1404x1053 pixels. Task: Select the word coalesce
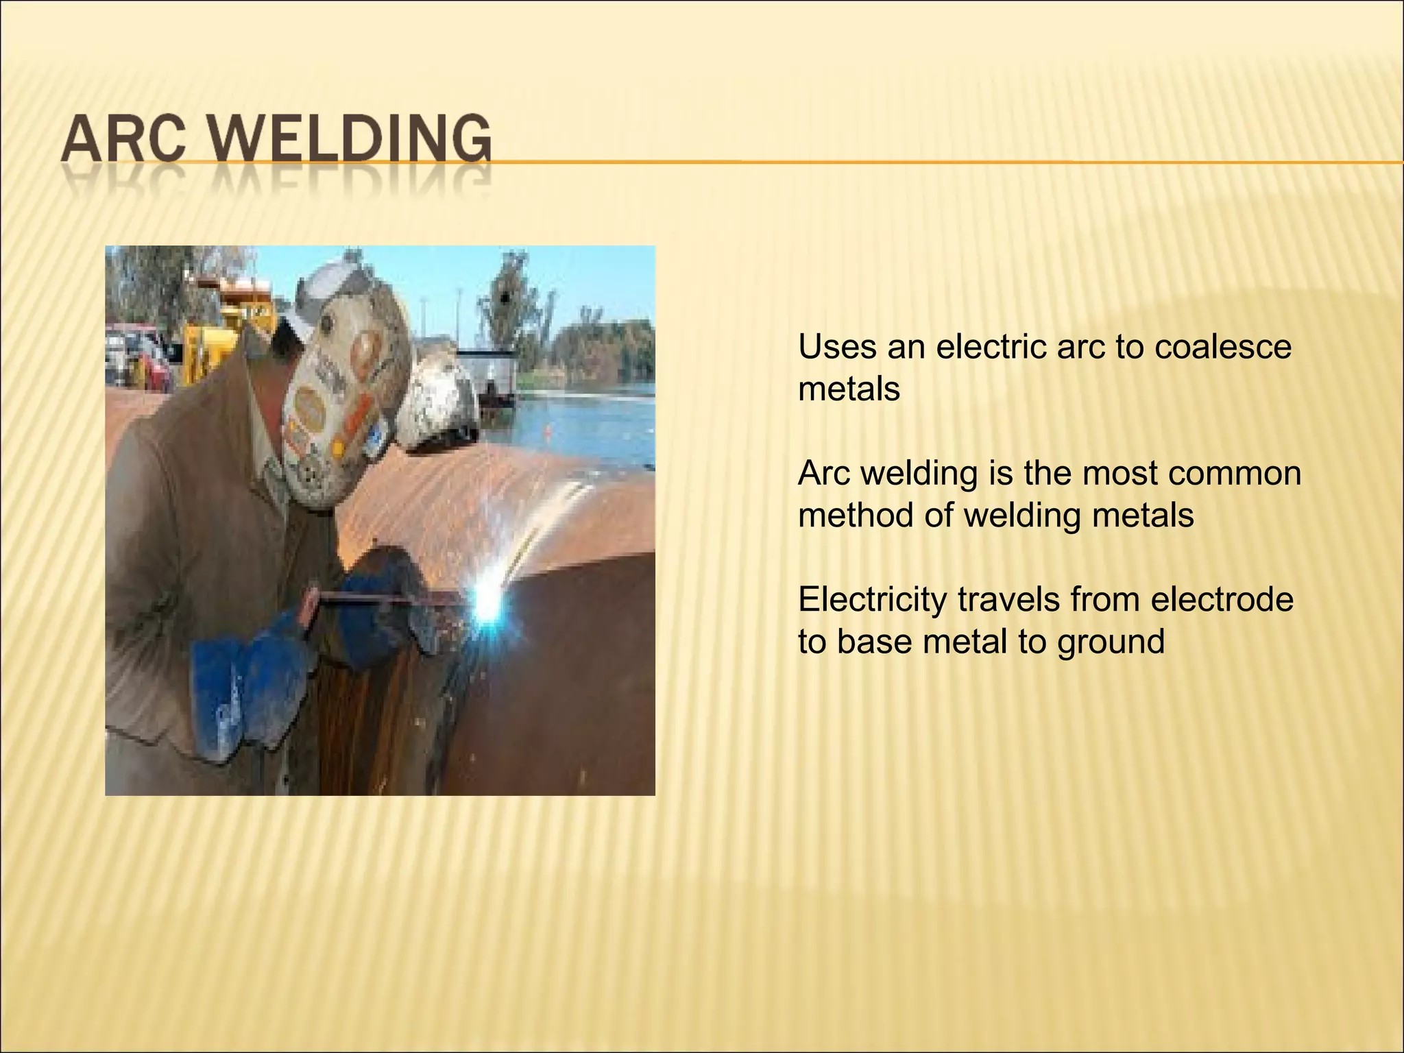[1223, 348]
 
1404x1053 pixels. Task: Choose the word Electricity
[871, 600]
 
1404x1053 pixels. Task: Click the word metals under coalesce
[849, 390]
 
